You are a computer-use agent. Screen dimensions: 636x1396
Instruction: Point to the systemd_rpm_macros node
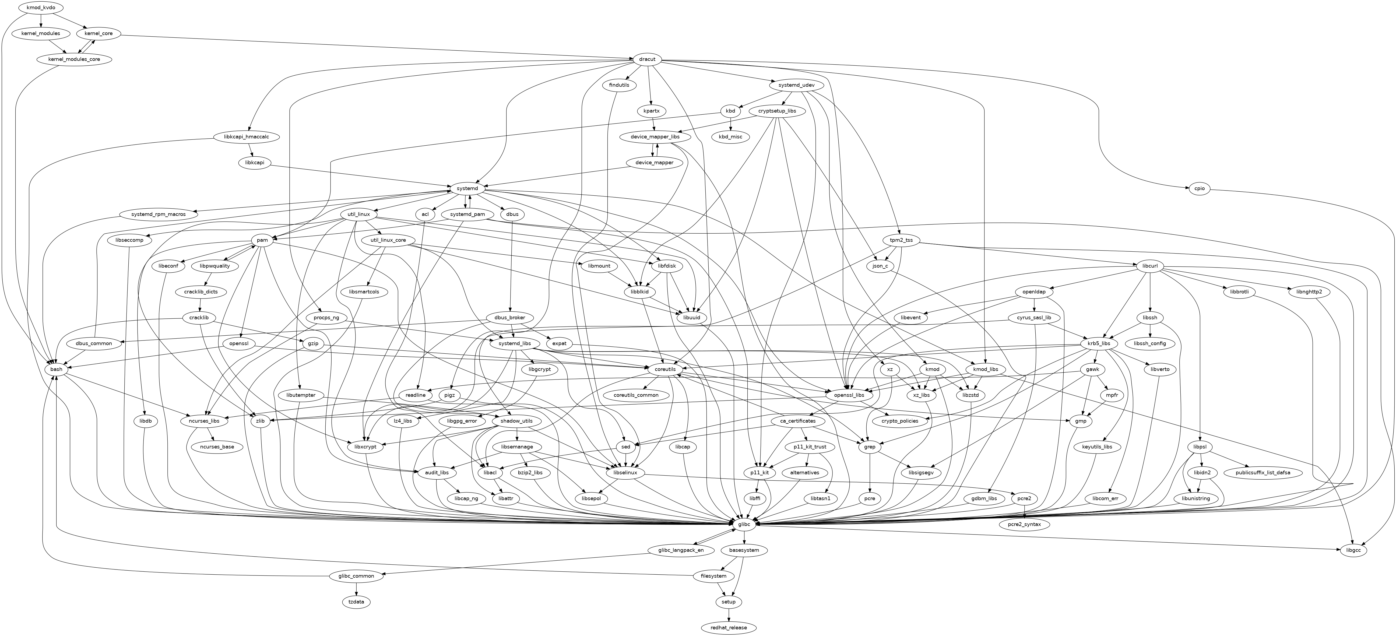pos(158,214)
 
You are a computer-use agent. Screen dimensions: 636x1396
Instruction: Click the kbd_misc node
pos(730,137)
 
